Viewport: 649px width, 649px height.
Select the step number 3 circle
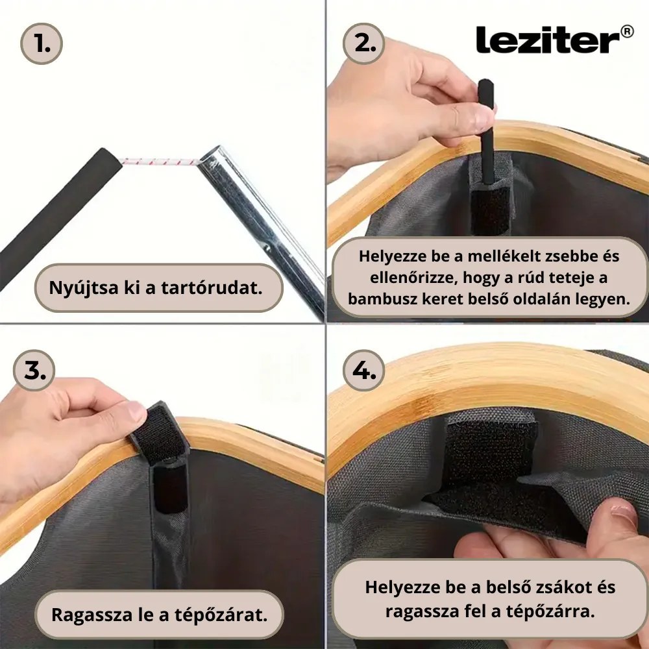(34, 369)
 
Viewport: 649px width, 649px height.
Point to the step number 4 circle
(364, 370)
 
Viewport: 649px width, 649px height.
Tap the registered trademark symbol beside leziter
(627, 31)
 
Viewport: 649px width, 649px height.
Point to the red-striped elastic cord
(159, 161)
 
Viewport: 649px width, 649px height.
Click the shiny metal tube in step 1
(260, 221)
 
